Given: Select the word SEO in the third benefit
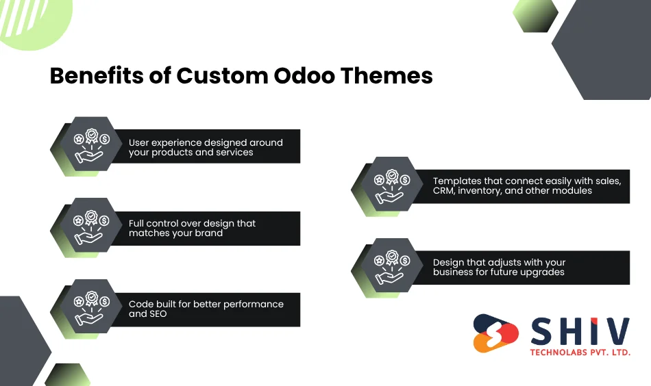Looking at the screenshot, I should (157, 314).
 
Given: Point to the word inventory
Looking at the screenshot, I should (479, 191).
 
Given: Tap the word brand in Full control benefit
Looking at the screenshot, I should (209, 233).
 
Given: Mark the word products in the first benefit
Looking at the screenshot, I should (173, 152).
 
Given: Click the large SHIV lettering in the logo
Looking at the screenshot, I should (580, 332).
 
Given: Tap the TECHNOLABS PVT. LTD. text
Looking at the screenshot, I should (580, 352).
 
